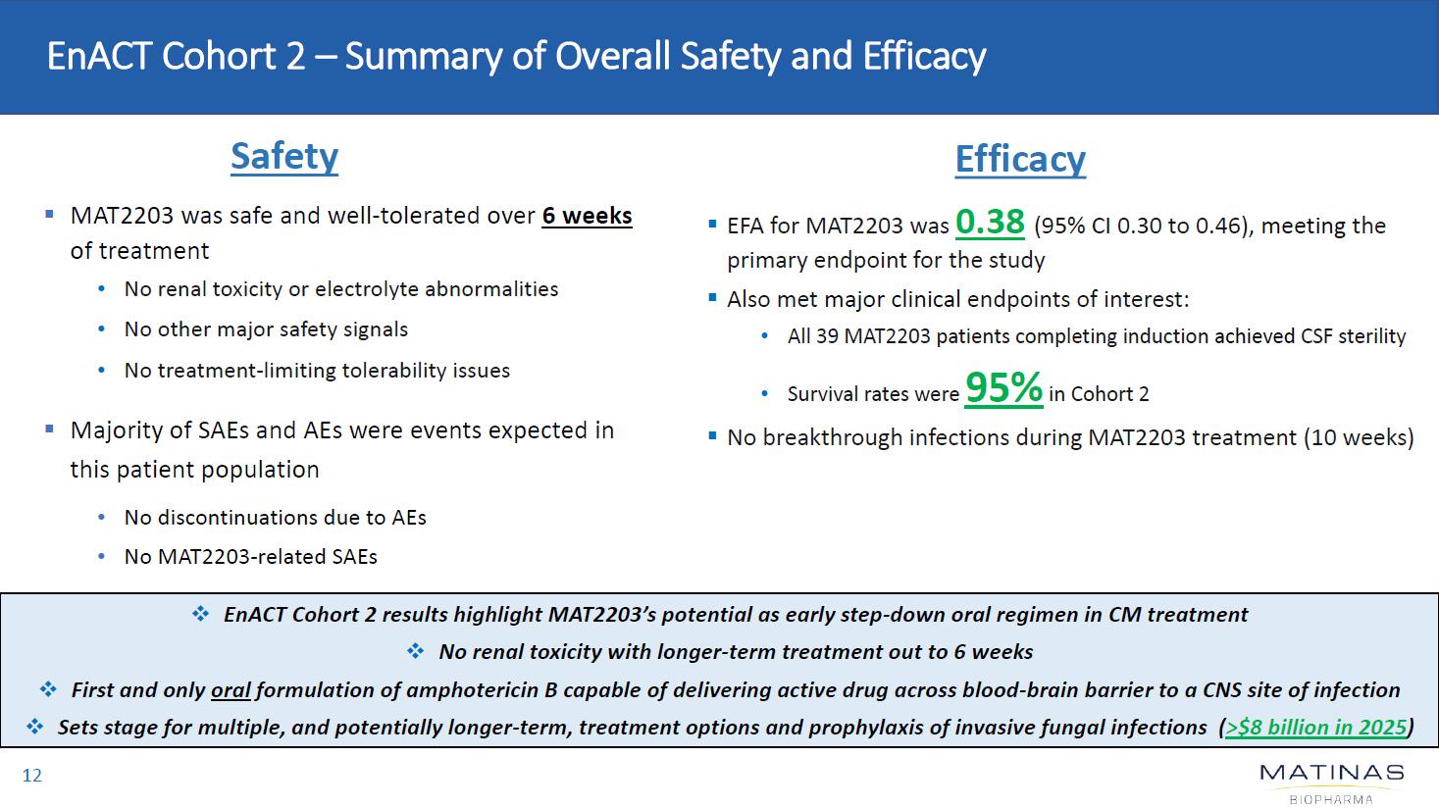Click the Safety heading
(284, 157)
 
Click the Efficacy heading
(1020, 160)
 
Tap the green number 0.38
(990, 223)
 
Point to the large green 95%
(1003, 388)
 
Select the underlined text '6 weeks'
(587, 216)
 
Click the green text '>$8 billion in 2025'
(1315, 728)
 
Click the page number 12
(32, 776)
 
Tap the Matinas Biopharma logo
(1331, 783)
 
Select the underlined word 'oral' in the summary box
(231, 690)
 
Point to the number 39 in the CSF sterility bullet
(827, 336)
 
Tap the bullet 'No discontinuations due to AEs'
(275, 518)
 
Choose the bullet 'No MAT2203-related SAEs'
(250, 557)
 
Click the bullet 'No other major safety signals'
(266, 329)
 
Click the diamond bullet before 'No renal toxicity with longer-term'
(415, 652)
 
